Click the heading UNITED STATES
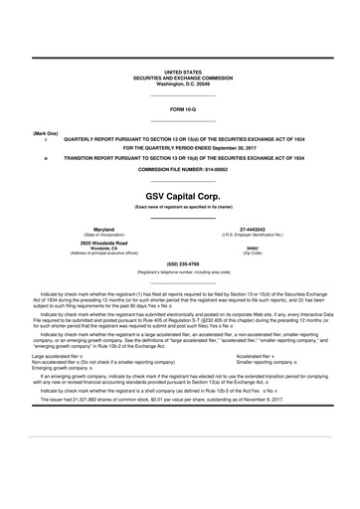point(180,74)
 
